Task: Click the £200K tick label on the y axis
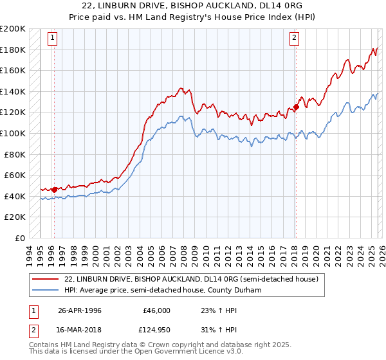[x=12, y=29]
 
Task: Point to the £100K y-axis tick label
[x=12, y=133]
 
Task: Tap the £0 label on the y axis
[x=20, y=238]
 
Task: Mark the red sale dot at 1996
[x=55, y=190]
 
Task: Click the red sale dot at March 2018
[x=296, y=107]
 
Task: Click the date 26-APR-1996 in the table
[x=80, y=310]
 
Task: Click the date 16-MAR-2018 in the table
[x=80, y=330]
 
